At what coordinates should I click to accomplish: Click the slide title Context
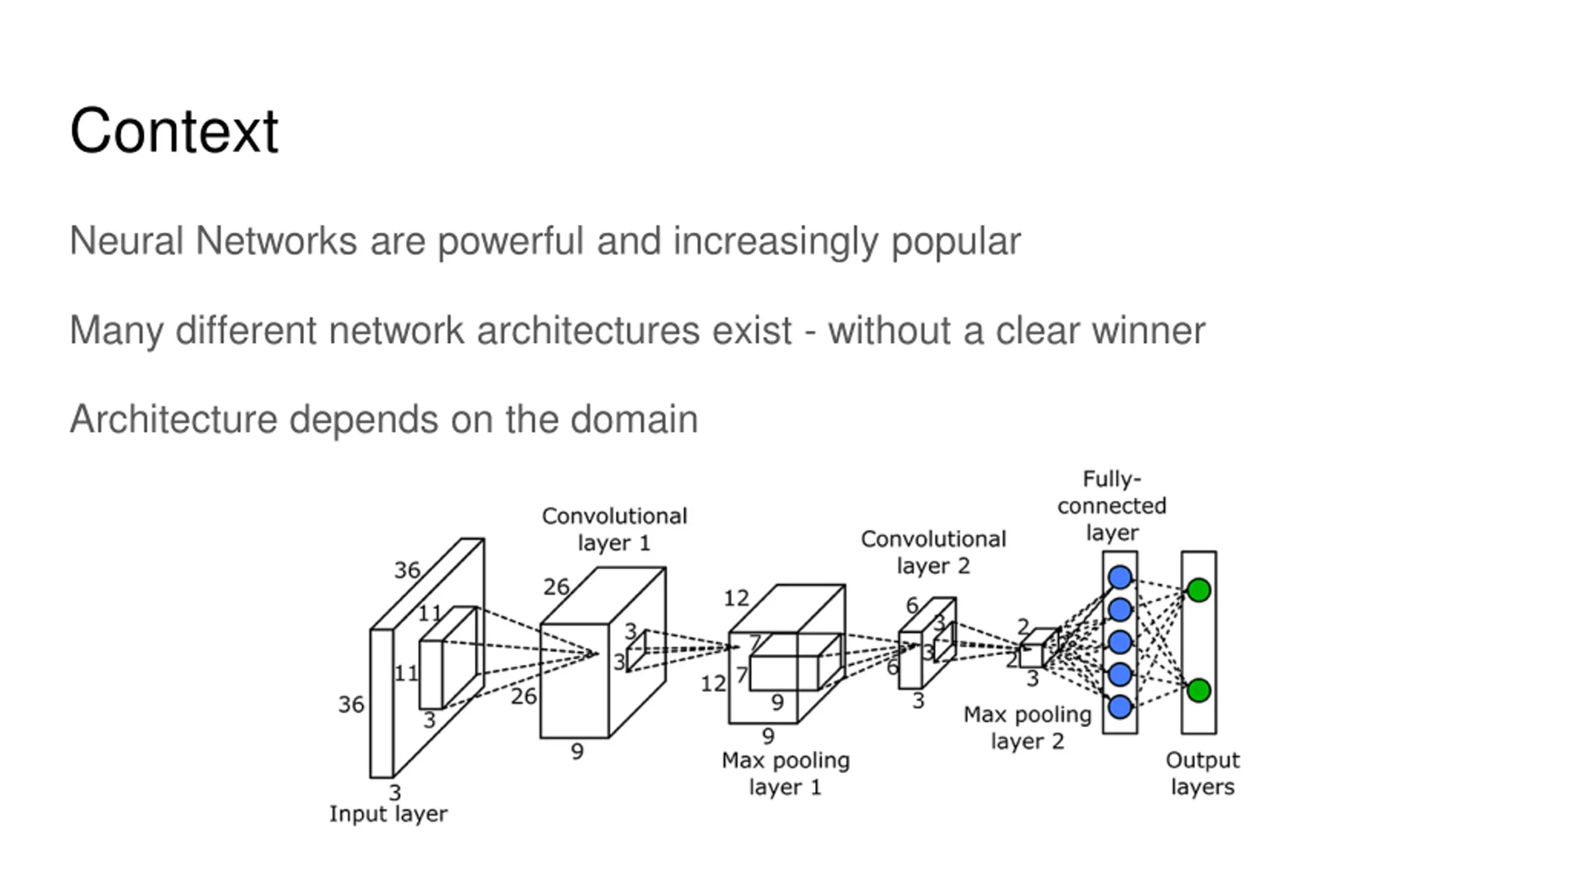174,131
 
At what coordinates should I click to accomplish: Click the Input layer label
388,814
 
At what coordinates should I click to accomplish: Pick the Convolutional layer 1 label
614,529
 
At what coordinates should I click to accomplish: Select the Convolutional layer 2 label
933,552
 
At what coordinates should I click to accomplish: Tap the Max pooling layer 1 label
786,774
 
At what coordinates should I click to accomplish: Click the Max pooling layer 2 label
1027,728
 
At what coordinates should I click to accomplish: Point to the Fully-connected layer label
1112,505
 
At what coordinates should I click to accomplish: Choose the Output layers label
1203,774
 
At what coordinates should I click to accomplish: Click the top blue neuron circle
1120,577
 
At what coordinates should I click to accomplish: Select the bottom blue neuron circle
1120,707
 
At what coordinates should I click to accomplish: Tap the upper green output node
1199,590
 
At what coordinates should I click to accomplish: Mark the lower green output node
1199,690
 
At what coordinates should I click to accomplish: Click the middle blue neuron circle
1120,642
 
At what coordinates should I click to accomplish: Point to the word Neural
127,240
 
